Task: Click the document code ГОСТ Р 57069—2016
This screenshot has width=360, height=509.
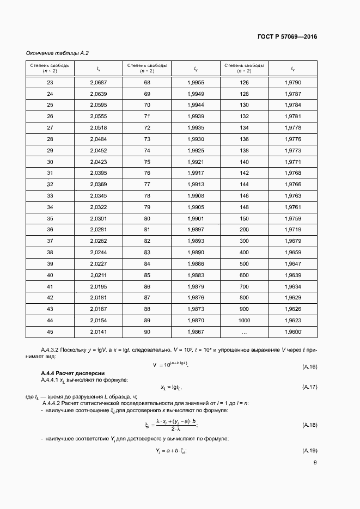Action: (286, 37)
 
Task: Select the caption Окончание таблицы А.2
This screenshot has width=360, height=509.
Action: (57, 53)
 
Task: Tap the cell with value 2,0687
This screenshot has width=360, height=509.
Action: (99, 82)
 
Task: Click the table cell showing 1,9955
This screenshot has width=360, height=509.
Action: (195, 82)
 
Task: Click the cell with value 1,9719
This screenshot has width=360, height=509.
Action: (292, 230)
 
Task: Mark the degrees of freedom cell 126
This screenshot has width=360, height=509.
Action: (244, 82)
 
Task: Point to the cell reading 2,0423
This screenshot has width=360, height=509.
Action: (99, 162)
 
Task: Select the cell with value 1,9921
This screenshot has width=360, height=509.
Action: (195, 162)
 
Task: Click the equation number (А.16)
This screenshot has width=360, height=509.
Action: (310, 367)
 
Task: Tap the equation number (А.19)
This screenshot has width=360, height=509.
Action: (310, 451)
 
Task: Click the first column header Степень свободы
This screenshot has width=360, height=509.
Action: (50, 68)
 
